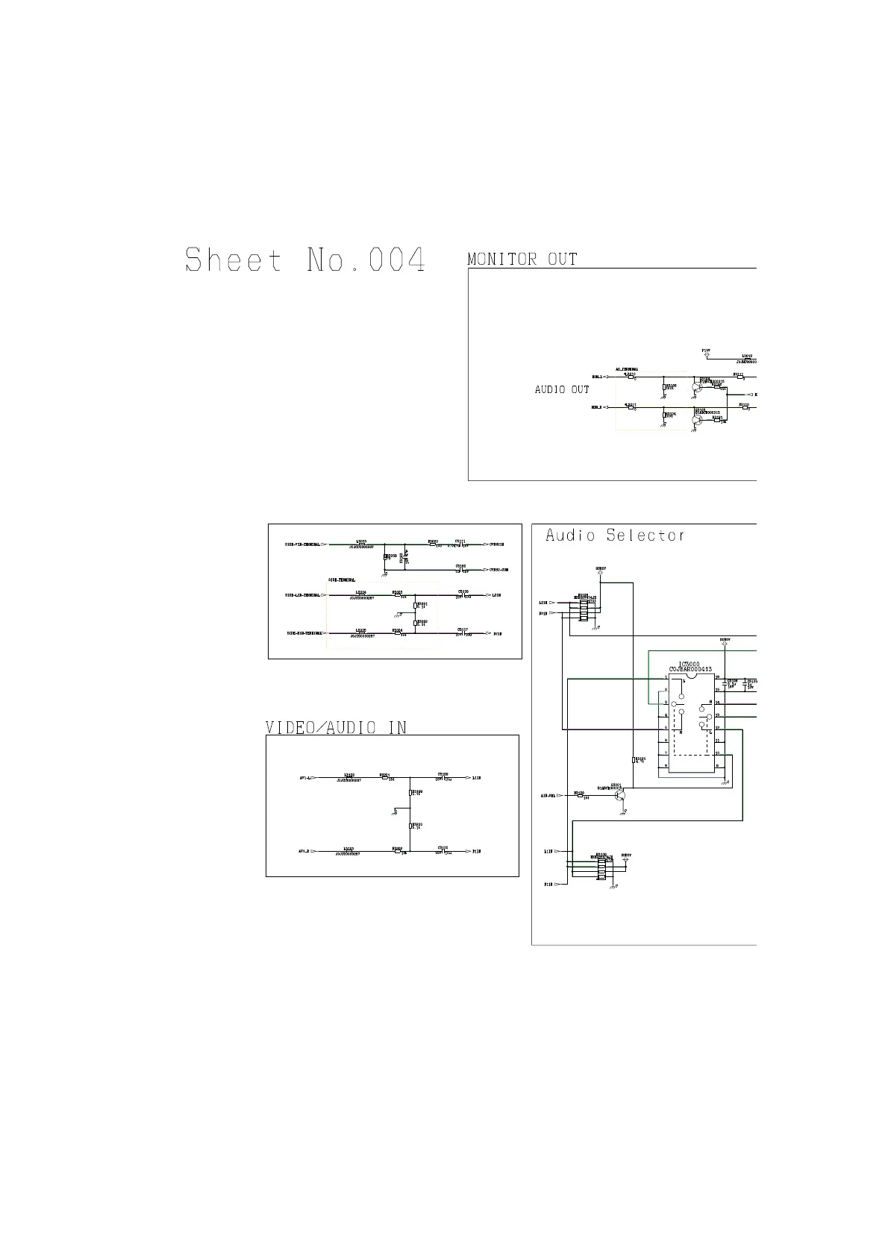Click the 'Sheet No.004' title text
click(305, 260)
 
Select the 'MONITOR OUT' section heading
click(522, 260)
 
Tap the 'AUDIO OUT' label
click(562, 390)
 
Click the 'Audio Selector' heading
click(615, 536)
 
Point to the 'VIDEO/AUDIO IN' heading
click(337, 727)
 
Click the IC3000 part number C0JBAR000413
click(691, 670)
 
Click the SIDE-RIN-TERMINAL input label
click(303, 633)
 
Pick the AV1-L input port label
click(304, 778)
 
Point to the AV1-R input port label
click(304, 851)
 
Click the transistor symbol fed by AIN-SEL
click(620, 796)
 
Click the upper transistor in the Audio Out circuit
click(697, 387)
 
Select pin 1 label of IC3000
click(665, 677)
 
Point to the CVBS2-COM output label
click(498, 570)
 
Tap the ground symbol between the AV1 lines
click(394, 812)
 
